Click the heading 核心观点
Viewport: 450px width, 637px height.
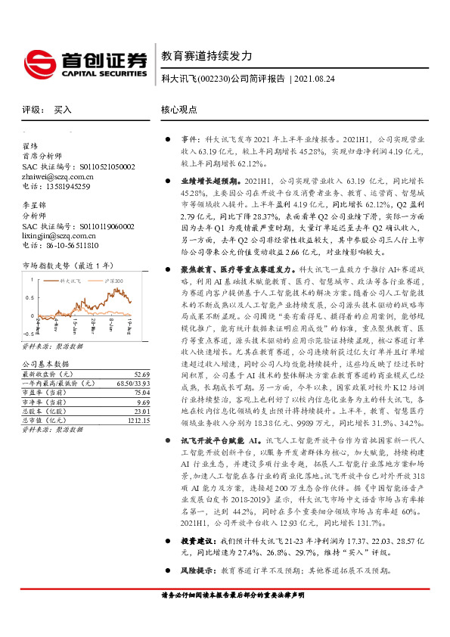click(179, 110)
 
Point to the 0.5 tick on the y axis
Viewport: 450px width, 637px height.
click(28, 296)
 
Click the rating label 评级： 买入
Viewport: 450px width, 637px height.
click(47, 110)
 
